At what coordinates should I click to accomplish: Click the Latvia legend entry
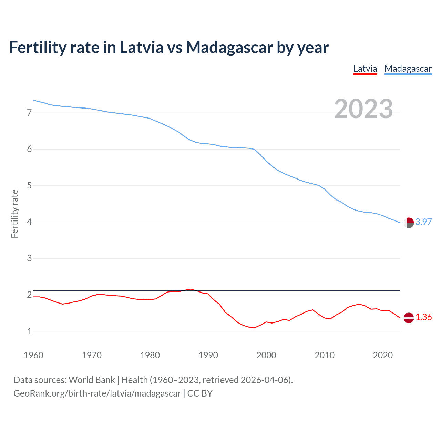coord(365,69)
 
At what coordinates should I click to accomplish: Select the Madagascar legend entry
coord(408,69)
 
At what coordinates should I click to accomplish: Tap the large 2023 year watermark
coord(363,109)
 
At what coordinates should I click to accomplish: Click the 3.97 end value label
coord(423,222)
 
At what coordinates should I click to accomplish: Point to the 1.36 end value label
coord(423,317)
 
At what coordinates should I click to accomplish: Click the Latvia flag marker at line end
coord(409,318)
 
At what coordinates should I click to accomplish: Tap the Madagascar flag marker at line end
coord(409,223)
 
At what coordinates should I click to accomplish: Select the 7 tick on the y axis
coord(29,113)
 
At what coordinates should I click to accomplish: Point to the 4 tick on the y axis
coord(29,222)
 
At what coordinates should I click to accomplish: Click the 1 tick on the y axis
coord(29,331)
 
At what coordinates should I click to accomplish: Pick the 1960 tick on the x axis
coord(33,355)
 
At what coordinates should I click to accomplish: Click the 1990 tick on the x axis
coord(208,355)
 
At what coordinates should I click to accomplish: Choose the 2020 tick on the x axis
coord(383,355)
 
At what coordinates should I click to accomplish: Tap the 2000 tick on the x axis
coord(266,355)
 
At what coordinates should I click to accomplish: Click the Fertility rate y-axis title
coord(14,214)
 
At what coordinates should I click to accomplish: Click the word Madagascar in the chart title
coord(229,48)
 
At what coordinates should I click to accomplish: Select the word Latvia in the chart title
coord(141,48)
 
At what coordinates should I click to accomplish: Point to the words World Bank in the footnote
coord(92,380)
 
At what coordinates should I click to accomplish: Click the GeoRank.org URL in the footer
coord(97,393)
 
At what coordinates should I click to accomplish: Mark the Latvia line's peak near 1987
coord(191,289)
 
